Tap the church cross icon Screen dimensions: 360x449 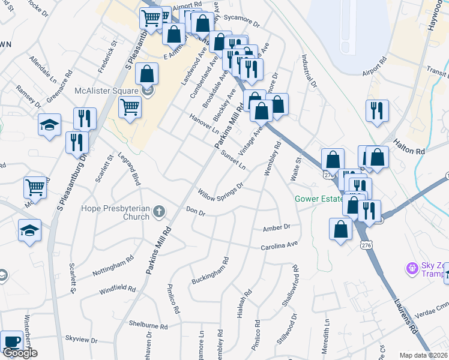click(158, 211)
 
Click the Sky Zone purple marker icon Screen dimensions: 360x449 click(412, 268)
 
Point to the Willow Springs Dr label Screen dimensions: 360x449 click(220, 194)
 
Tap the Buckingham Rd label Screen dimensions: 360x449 click(210, 272)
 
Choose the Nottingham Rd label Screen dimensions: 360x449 click(113, 268)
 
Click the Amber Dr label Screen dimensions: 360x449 click(277, 228)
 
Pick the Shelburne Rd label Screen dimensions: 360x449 click(148, 325)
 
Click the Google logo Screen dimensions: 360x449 click(20, 353)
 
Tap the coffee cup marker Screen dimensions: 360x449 click(11, 341)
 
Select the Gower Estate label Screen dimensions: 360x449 click(316, 199)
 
